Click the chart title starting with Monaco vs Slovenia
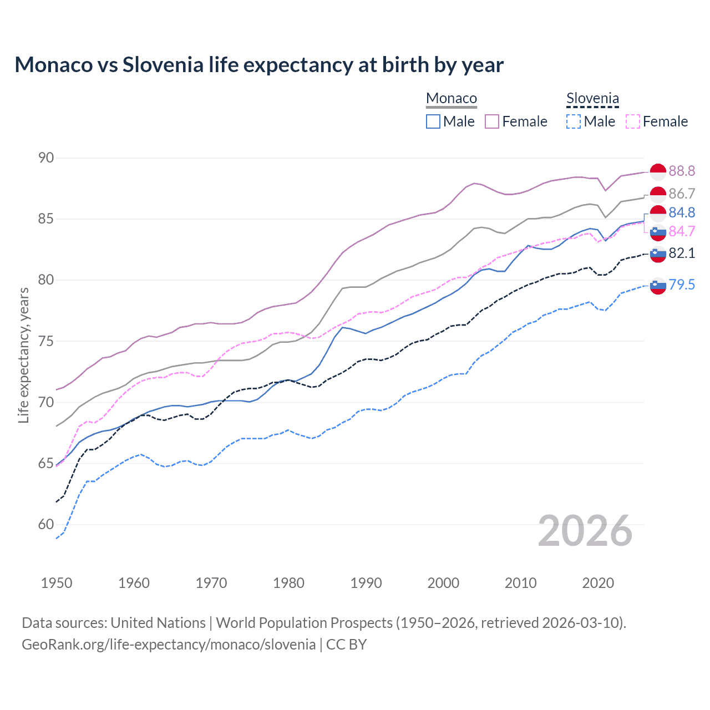tap(259, 65)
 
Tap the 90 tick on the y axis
tap(46, 158)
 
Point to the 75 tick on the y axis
tap(46, 341)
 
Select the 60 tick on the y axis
tap(46, 524)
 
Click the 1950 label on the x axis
tap(57, 583)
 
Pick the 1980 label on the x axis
tap(288, 583)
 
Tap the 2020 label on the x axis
tap(598, 583)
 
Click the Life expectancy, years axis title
tap(23, 355)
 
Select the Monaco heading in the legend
tap(452, 99)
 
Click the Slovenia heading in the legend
tap(592, 99)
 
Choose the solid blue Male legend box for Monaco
tap(433, 121)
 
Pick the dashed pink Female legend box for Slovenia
tap(632, 121)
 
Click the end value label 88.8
tap(682, 171)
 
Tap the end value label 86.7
tap(682, 194)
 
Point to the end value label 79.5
tap(682, 285)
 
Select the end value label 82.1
tap(682, 253)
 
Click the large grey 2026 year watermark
tap(585, 531)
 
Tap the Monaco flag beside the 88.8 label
tap(658, 172)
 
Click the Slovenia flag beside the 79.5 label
tap(658, 286)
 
